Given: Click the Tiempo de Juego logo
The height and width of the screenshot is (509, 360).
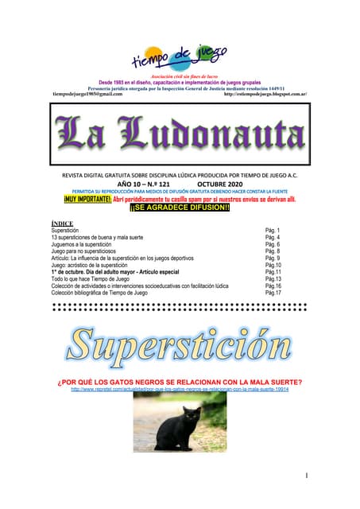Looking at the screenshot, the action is tap(179, 57).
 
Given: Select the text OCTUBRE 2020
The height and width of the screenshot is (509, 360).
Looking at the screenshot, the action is tap(226, 183).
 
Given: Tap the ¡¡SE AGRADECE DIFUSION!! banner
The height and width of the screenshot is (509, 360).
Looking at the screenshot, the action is tap(180, 208).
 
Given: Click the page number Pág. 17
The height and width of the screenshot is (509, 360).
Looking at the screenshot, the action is tap(273, 293).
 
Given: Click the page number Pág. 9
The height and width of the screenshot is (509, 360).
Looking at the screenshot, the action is tap(273, 258).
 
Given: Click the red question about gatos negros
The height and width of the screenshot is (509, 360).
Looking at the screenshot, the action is tap(180, 382).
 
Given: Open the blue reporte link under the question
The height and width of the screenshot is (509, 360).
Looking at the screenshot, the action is tap(180, 390).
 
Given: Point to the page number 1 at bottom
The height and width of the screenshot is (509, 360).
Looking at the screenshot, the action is tap(306, 475).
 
